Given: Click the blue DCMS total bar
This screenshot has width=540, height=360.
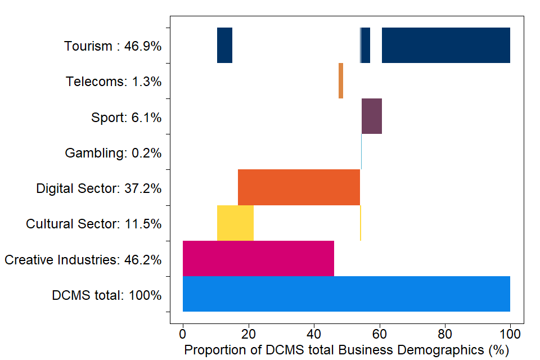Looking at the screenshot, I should pyautogui.click(x=346, y=294).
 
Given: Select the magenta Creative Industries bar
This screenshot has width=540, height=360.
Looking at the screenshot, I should pyautogui.click(x=258, y=258).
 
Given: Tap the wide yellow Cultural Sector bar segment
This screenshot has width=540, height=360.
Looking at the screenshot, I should pyautogui.click(x=235, y=223).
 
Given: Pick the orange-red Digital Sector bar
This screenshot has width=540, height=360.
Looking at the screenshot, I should pyautogui.click(x=299, y=187).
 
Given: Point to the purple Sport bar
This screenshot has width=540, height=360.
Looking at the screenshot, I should pyautogui.click(x=371, y=116).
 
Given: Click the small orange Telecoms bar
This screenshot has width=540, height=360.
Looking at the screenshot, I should pyautogui.click(x=341, y=80).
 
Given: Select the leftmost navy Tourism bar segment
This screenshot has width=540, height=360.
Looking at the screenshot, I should pyautogui.click(x=224, y=45).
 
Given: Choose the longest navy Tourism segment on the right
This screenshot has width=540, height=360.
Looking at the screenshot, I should pyautogui.click(x=445, y=45).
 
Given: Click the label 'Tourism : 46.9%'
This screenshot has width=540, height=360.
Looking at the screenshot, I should pyautogui.click(x=112, y=46).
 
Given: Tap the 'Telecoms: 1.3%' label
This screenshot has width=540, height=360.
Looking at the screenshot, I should pyautogui.click(x=114, y=82).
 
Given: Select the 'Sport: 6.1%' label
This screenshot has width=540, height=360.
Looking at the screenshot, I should pyautogui.click(x=126, y=118).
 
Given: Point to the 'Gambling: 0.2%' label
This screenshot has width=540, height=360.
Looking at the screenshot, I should pyautogui.click(x=113, y=153).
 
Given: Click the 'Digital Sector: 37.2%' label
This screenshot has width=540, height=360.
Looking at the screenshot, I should pyautogui.click(x=99, y=188).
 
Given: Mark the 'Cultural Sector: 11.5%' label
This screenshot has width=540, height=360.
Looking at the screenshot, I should pyautogui.click(x=94, y=224).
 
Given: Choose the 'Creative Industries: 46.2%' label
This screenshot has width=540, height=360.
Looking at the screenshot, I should pyautogui.click(x=83, y=260).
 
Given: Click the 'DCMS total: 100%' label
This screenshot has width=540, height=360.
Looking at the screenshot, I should pyautogui.click(x=107, y=295).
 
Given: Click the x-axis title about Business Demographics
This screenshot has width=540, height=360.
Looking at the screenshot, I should pyautogui.click(x=346, y=350).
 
